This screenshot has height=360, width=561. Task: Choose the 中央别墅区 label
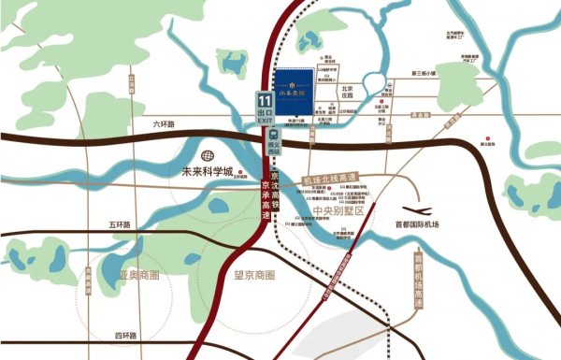(x=336, y=209)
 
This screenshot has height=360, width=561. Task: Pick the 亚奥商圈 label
(x=139, y=276)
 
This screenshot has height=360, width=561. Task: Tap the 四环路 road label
(x=126, y=335)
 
